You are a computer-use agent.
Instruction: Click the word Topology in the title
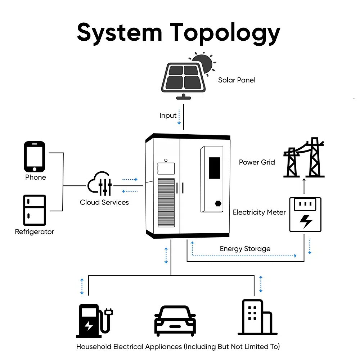coord(225,33)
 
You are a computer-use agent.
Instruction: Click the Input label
coord(168,116)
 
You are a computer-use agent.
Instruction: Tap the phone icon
coord(35,156)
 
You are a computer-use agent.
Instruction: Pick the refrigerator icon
coord(34,210)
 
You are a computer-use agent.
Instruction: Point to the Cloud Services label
coord(104,202)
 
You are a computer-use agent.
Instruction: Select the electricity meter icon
coord(306,215)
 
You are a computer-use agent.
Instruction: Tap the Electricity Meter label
coord(259,212)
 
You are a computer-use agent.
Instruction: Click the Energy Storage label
coord(245,249)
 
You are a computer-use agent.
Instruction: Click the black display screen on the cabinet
coord(215,168)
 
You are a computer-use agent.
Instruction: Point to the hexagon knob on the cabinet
coord(218,203)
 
